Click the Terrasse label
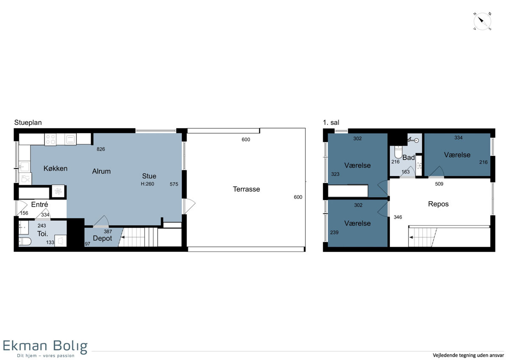[246, 189]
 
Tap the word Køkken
[56, 169]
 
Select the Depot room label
[103, 239]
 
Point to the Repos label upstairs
[438, 204]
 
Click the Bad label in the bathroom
[408, 157]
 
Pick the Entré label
[39, 205]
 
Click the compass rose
[482, 21]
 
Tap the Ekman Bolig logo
[45, 349]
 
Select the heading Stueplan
[28, 123]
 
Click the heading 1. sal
[331, 123]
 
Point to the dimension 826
[101, 149]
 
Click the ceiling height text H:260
[148, 184]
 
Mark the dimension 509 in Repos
[439, 184]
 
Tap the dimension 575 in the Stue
[174, 184]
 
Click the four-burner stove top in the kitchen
[50, 139]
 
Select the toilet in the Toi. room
[25, 242]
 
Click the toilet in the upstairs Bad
[398, 152]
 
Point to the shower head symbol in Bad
[414, 140]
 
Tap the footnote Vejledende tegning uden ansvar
[468, 355]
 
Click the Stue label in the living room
[149, 176]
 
